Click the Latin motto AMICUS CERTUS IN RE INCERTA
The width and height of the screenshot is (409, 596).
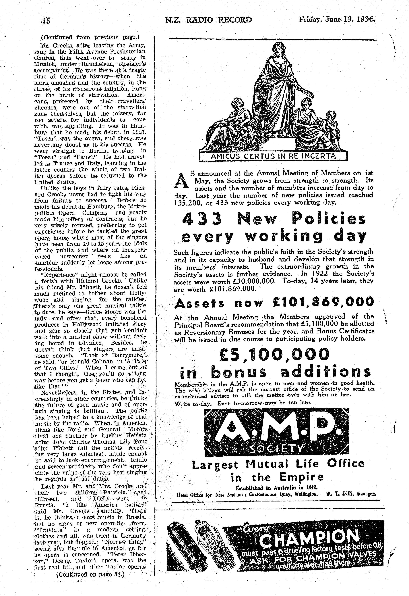[x=273, y=156]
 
